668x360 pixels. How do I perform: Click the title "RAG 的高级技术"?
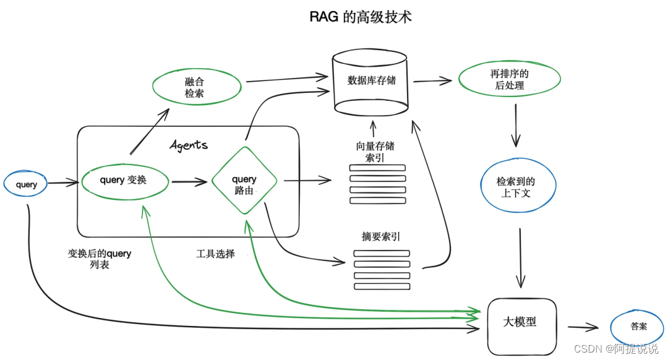point(361,17)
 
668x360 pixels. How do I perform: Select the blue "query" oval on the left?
point(26,184)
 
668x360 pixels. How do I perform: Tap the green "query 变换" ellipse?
point(126,181)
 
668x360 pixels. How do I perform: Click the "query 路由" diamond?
point(244,181)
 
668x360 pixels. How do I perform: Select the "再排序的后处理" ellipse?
point(509,80)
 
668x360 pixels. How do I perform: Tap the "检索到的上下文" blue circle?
point(518,187)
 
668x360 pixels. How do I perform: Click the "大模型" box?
point(522,322)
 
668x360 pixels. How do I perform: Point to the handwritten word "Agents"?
point(189,145)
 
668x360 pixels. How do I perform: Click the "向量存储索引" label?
point(375,152)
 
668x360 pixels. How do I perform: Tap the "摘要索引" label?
point(380,237)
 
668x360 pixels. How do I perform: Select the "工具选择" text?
point(215,254)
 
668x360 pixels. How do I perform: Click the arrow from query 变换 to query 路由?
point(189,182)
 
